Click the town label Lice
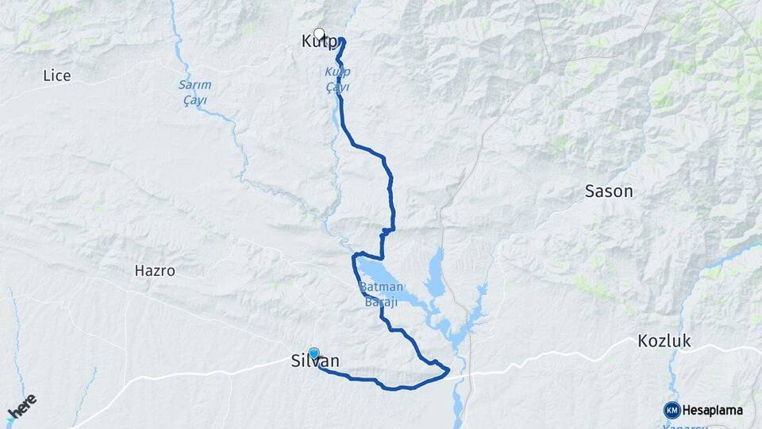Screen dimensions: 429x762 tap(56, 75)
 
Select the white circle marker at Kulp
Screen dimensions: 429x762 tap(319, 34)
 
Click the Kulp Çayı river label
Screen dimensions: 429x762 tap(337, 79)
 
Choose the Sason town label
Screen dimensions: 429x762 tap(609, 191)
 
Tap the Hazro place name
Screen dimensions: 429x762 tap(155, 271)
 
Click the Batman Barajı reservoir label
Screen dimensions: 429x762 tap(384, 294)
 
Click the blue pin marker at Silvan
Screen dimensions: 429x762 tap(314, 354)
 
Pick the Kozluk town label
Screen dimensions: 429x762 tap(664, 342)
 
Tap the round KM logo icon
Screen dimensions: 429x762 tap(672, 410)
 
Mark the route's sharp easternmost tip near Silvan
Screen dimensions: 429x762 tap(449, 369)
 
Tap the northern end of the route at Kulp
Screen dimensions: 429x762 tap(342, 41)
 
